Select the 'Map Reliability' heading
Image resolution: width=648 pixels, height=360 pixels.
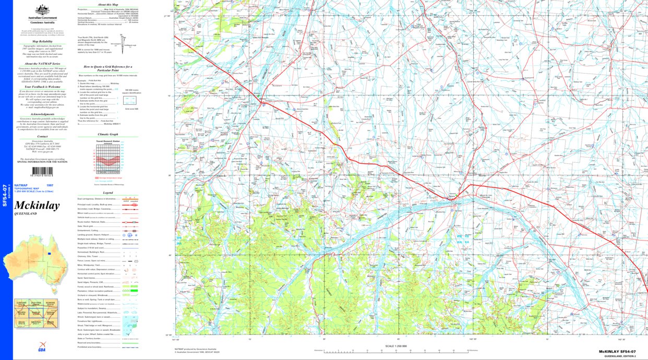tap(43, 41)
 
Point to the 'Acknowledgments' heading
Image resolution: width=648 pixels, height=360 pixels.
tap(43, 114)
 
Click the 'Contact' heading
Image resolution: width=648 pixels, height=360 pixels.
tap(43, 136)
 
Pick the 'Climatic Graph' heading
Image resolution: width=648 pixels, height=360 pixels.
tap(108, 134)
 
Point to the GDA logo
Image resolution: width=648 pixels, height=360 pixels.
tap(41, 349)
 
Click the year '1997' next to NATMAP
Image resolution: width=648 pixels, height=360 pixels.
tap(50, 186)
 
